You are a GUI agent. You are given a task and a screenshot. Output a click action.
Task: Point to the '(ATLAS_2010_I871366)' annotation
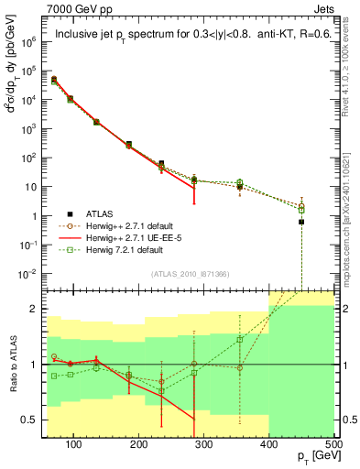click(189, 275)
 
